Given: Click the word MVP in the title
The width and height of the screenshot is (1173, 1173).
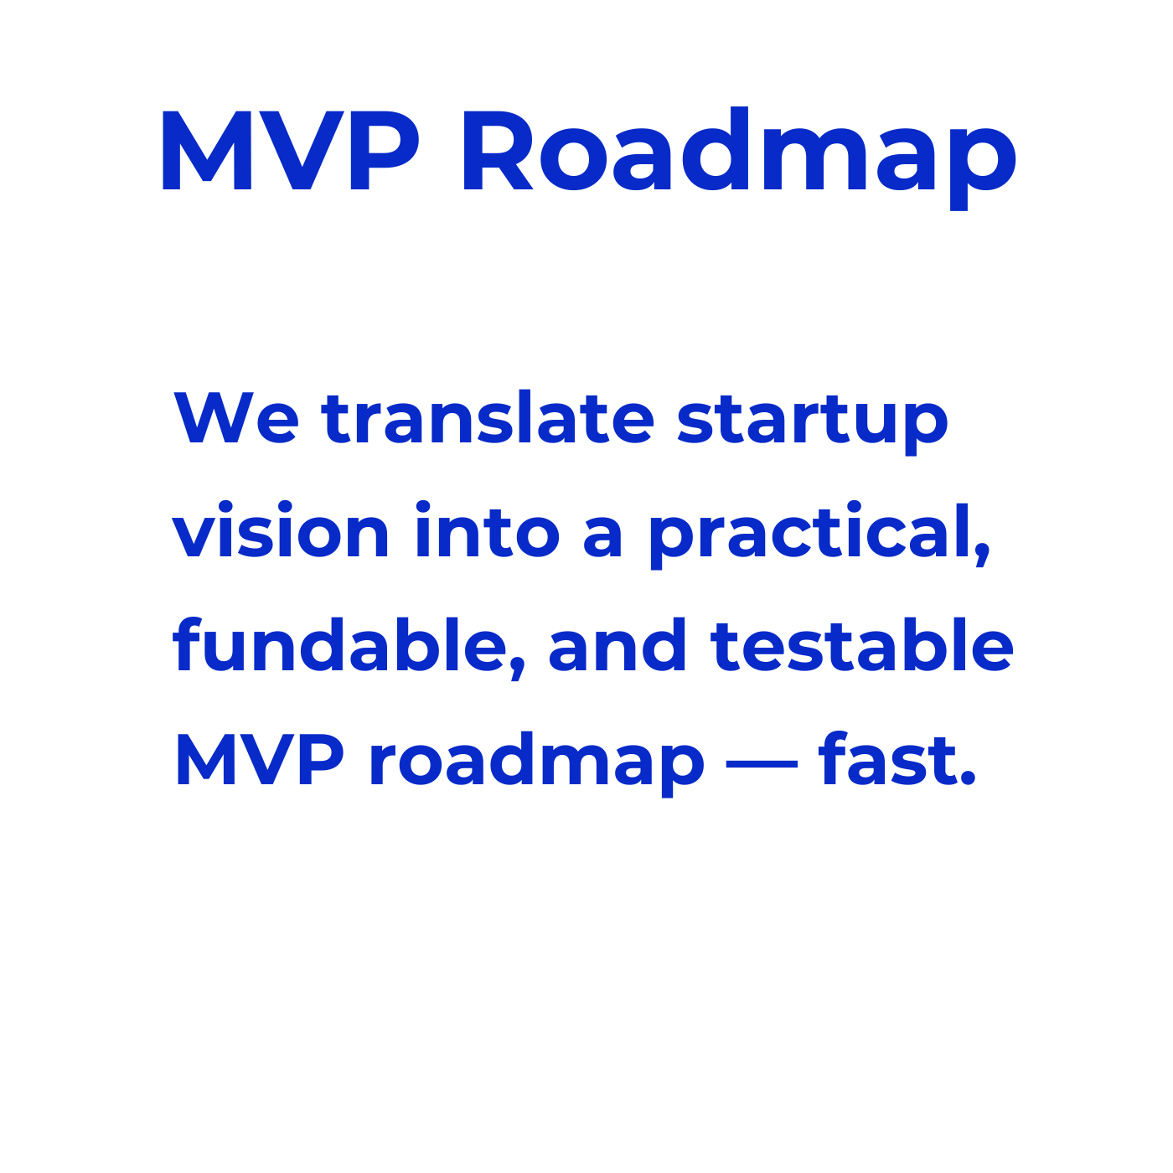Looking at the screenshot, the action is (x=290, y=150).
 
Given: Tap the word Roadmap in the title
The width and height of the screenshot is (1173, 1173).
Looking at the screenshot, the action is (x=739, y=158).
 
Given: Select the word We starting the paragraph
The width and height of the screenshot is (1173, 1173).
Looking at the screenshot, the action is (x=236, y=417).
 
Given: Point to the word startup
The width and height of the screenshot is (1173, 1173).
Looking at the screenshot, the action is (x=813, y=425).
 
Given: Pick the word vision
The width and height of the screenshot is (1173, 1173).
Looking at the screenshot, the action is (x=281, y=529).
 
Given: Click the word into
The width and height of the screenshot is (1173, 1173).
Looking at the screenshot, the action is (x=488, y=529).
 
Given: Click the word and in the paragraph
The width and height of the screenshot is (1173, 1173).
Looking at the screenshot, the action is (x=618, y=643).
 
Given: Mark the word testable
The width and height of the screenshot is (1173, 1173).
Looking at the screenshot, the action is (x=862, y=643).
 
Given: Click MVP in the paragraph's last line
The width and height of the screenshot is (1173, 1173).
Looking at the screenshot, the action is (x=260, y=758).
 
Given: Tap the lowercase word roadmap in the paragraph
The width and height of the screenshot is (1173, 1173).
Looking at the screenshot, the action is (x=537, y=764).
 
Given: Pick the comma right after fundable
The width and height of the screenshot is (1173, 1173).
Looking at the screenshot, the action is (x=518, y=669).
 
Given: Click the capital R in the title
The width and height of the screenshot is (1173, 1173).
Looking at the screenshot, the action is (x=498, y=150).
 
